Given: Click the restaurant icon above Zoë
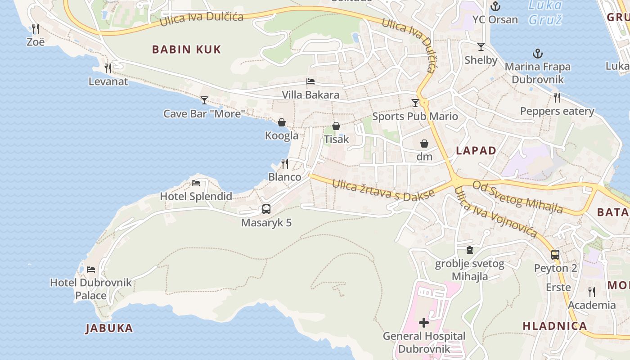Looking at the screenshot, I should click(x=36, y=29).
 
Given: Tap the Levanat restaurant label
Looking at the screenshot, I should click(x=108, y=81).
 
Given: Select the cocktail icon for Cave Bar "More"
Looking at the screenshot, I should click(x=204, y=100).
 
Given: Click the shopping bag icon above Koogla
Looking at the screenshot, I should click(x=282, y=122).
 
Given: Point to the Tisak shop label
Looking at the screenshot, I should click(x=336, y=139).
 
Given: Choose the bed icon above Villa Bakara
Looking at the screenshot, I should click(x=310, y=81).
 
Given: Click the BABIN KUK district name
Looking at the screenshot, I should click(x=186, y=49).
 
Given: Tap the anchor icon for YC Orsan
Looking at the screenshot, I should click(x=495, y=6).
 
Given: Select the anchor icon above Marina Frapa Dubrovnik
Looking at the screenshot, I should click(x=537, y=54).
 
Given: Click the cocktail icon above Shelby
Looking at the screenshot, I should click(x=481, y=47).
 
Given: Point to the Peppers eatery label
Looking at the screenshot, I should click(x=557, y=111).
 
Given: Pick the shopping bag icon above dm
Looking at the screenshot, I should click(x=424, y=144).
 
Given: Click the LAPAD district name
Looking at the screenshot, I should click(x=476, y=151).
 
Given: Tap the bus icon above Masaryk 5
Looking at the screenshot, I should click(x=266, y=209).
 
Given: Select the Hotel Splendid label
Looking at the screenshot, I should click(x=196, y=196).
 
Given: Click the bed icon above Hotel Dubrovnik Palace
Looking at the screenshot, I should click(x=91, y=270).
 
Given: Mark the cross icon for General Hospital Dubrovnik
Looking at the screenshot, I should click(x=424, y=322).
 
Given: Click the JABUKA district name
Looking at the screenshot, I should click(x=109, y=328).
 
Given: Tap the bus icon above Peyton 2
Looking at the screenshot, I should click(x=555, y=255).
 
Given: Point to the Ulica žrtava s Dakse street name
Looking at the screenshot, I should click(x=383, y=189).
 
